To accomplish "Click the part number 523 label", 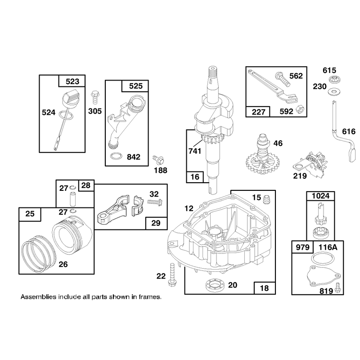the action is click(72, 81).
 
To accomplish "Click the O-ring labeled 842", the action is click(117, 157).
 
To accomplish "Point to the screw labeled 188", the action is click(158, 160).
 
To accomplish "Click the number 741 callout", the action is click(195, 151).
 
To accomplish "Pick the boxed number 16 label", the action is click(195, 177).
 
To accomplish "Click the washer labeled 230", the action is click(334, 92).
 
